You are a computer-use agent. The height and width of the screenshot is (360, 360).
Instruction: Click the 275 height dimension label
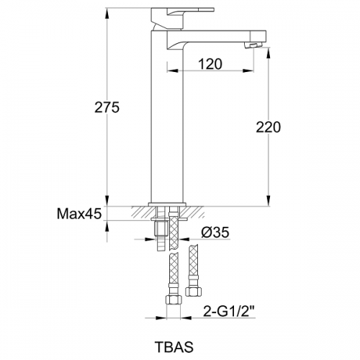107,107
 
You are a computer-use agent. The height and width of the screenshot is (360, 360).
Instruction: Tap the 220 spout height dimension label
268,127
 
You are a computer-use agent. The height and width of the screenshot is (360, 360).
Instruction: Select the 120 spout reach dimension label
210,64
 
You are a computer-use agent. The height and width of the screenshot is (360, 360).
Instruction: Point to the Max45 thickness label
79,213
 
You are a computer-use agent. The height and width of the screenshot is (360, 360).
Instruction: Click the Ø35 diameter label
215,232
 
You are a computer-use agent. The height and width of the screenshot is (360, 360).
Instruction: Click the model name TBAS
174,346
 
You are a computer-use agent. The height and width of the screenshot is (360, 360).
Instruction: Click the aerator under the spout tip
254,45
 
